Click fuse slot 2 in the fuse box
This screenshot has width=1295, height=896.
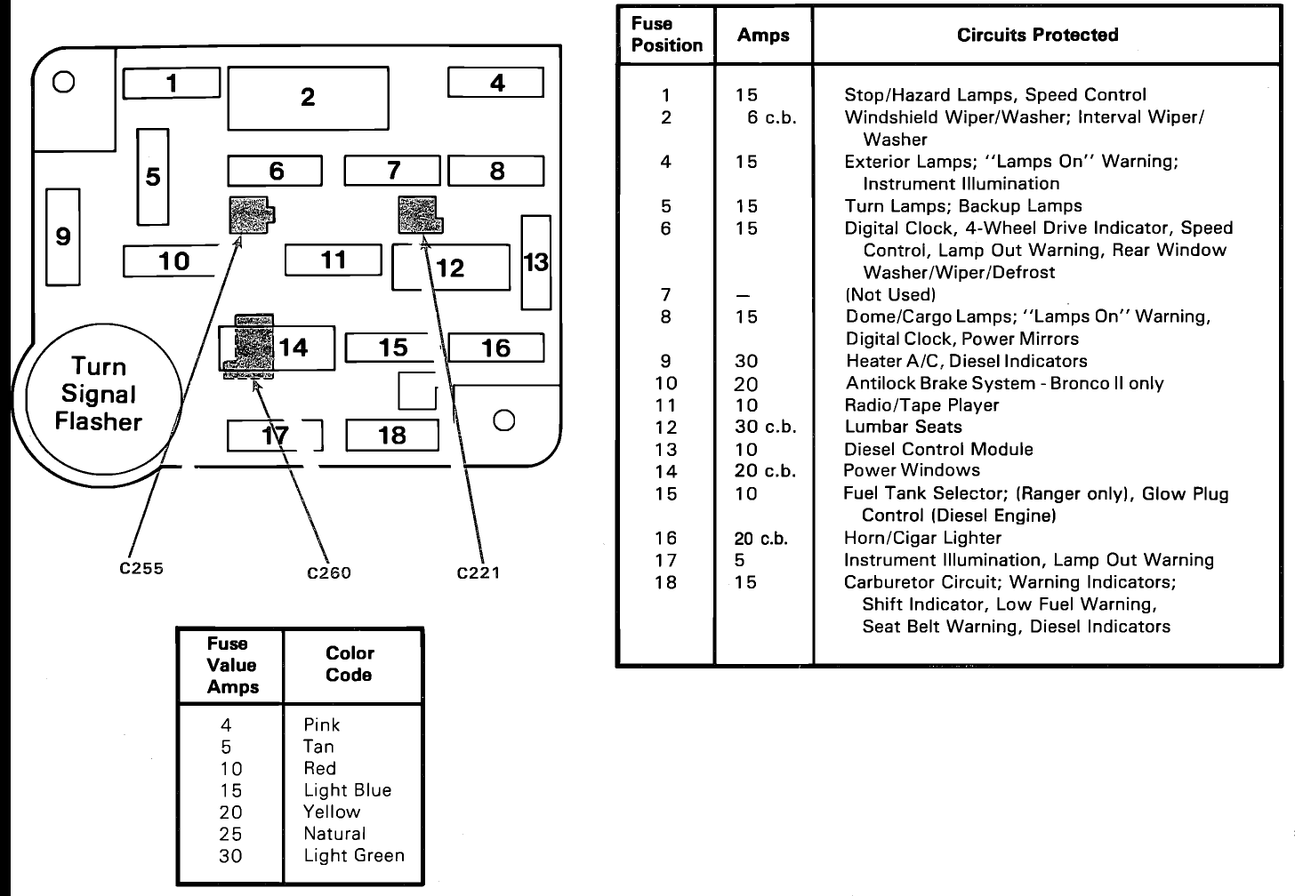tap(308, 98)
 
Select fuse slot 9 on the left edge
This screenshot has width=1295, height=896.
tap(62, 236)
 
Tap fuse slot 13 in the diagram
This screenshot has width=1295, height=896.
tap(535, 262)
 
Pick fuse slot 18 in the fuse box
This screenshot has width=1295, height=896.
tap(392, 436)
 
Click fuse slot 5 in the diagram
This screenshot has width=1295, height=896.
tap(153, 177)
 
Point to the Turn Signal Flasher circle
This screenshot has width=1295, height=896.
tap(98, 395)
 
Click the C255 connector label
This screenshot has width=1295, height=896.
tap(141, 568)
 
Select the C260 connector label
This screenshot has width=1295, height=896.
tap(329, 573)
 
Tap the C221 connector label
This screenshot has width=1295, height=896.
tap(479, 573)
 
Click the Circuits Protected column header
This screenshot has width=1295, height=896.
tap(1037, 36)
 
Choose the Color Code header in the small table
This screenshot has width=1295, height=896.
tap(349, 664)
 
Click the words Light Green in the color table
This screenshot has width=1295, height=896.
tap(354, 856)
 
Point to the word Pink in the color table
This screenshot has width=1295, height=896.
tap(322, 725)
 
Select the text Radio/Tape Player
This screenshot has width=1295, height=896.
tap(921, 405)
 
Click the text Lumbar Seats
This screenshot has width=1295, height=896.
tap(903, 427)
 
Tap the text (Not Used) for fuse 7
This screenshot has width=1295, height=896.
tap(890, 295)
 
